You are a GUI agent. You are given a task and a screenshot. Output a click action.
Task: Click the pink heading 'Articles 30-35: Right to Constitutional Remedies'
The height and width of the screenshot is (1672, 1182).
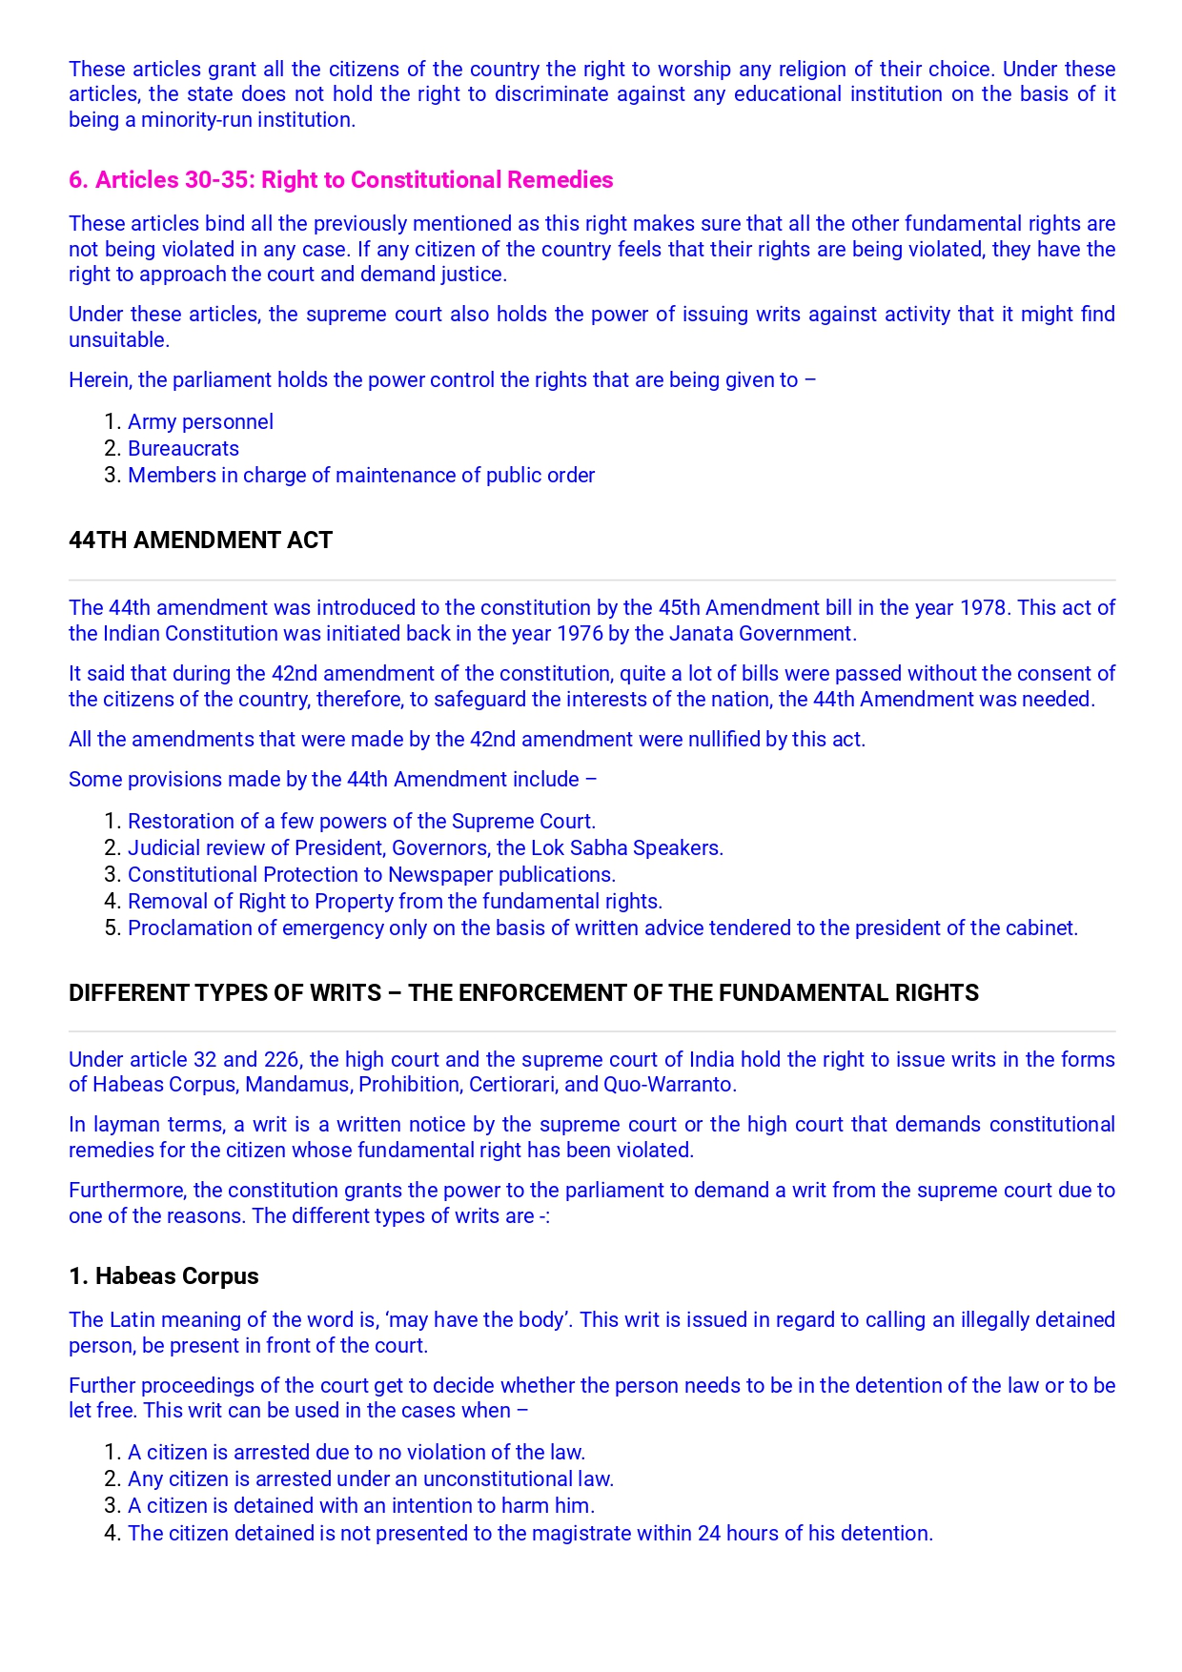[x=340, y=180]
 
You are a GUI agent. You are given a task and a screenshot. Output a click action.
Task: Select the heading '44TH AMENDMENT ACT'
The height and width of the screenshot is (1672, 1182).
[x=200, y=540]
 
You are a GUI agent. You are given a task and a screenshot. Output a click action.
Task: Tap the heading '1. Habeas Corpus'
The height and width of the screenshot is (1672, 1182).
[x=163, y=1276]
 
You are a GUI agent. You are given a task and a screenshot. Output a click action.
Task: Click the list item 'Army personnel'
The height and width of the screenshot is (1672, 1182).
[x=200, y=422]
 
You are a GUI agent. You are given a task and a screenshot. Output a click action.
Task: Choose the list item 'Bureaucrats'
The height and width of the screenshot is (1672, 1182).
[x=183, y=449]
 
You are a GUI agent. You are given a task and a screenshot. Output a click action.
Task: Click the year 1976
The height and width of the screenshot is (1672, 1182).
[x=580, y=634]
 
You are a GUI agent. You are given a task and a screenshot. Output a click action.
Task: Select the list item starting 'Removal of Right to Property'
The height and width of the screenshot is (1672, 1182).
[x=395, y=902]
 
